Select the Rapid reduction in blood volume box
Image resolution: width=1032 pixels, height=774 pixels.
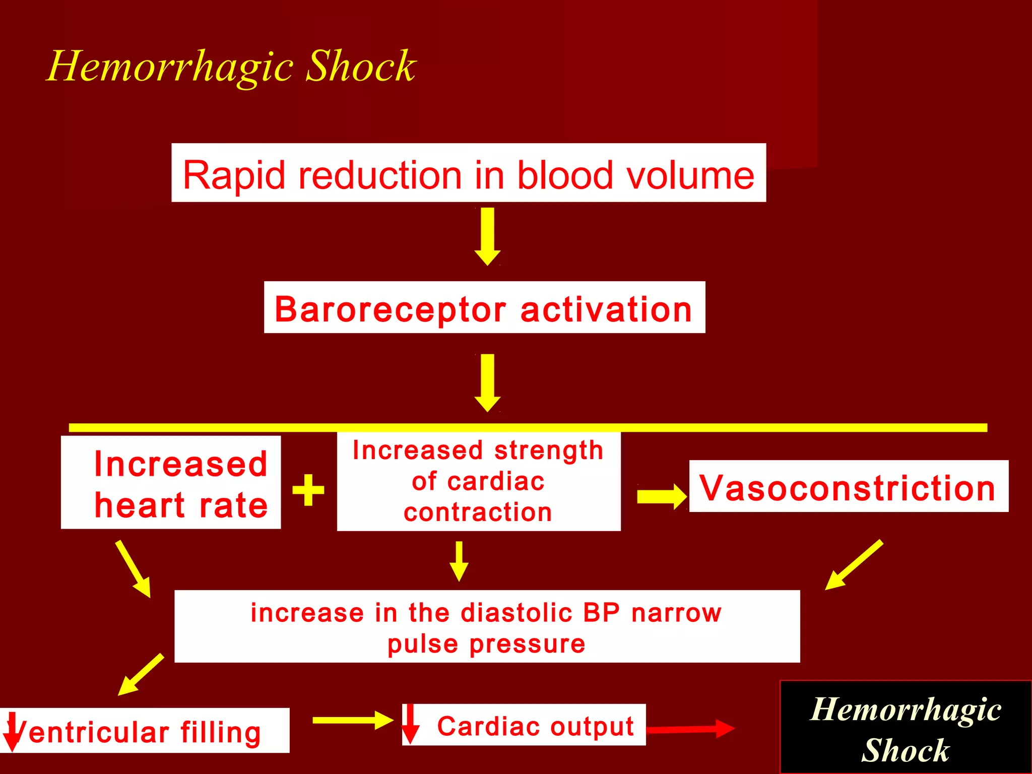tap(468, 173)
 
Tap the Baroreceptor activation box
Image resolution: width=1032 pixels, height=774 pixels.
tap(484, 307)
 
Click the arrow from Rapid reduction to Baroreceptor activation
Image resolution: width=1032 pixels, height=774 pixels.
tap(487, 235)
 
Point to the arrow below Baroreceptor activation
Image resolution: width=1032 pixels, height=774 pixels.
tap(487, 382)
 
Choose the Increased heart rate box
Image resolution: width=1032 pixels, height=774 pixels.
tap(171, 482)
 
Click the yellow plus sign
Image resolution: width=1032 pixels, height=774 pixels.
tap(308, 489)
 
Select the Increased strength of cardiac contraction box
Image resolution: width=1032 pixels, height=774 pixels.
tap(478, 481)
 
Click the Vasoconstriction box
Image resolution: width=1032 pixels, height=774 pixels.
tap(848, 486)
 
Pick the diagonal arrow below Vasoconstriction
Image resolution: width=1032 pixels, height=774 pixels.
tap(854, 565)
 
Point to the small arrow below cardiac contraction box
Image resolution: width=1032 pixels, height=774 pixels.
tap(459, 560)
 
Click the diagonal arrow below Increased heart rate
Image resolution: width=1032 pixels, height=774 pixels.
tap(133, 568)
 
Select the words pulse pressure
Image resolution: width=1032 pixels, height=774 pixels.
tap(486, 644)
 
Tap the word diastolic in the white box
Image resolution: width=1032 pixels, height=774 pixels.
tap(517, 613)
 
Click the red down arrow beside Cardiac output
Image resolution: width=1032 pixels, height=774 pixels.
tap(410, 724)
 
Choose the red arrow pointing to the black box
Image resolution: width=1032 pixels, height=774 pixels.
tap(690, 729)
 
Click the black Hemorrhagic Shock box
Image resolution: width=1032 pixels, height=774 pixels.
tap(906, 727)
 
